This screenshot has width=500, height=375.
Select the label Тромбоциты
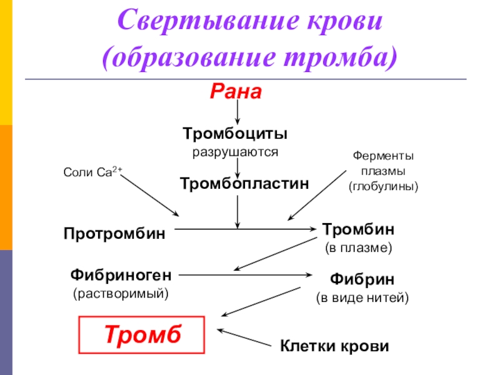click(235, 134)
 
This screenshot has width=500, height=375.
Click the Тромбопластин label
click(244, 184)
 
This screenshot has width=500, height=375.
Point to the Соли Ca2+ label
click(92, 171)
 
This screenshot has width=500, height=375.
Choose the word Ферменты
click(383, 156)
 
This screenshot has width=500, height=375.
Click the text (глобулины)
click(383, 186)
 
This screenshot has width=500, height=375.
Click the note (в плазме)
click(358, 247)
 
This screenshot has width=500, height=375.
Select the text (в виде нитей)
click(362, 297)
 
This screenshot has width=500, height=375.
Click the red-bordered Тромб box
click(142, 335)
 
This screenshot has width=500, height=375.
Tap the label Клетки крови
click(334, 346)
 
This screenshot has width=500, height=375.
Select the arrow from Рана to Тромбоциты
click(237, 112)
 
